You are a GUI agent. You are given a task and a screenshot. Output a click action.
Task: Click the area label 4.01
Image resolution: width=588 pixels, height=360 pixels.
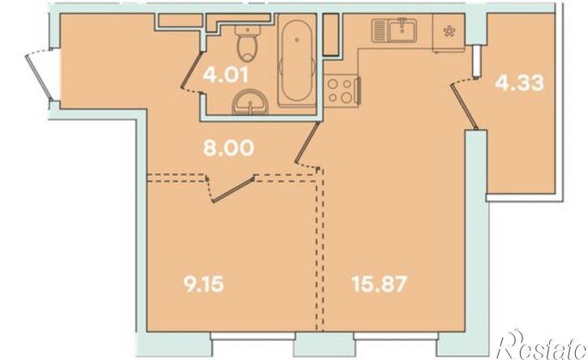pyautogui.click(x=225, y=75)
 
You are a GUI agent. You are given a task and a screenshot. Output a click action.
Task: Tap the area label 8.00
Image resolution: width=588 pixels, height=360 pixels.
pyautogui.click(x=229, y=148)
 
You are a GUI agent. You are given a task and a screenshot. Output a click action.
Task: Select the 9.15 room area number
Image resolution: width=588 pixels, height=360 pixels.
pyautogui.click(x=204, y=284)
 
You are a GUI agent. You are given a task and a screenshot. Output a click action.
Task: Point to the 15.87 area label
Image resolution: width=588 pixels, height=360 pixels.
pyautogui.click(x=379, y=284)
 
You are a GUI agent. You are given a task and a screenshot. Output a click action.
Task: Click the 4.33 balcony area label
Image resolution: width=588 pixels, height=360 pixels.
pyautogui.click(x=519, y=83)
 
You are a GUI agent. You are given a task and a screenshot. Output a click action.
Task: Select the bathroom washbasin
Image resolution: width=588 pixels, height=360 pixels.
pyautogui.click(x=250, y=103)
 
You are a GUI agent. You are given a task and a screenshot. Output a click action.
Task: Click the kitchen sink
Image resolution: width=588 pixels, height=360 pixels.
pyautogui.click(x=394, y=30)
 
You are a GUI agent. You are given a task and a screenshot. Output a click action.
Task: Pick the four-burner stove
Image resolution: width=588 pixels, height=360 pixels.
pyautogui.click(x=341, y=91)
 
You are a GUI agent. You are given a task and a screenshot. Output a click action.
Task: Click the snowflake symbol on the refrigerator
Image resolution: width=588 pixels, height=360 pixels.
pyautogui.click(x=449, y=32)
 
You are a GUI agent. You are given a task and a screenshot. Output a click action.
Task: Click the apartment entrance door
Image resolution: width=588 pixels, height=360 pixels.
pyautogui.click(x=39, y=76)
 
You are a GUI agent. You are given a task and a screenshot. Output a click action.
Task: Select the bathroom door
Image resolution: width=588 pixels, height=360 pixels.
pyautogui.click(x=191, y=72)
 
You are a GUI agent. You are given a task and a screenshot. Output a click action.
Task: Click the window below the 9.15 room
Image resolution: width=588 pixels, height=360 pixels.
pyautogui.click(x=253, y=336)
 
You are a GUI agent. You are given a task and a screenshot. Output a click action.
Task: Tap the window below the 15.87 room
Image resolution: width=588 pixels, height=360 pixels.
pyautogui.click(x=396, y=336)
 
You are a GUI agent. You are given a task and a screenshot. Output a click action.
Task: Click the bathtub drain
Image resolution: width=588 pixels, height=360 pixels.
pyautogui.click(x=297, y=39)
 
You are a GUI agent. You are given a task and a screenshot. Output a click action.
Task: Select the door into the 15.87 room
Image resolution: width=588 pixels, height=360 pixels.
pyautogui.click(x=307, y=145)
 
